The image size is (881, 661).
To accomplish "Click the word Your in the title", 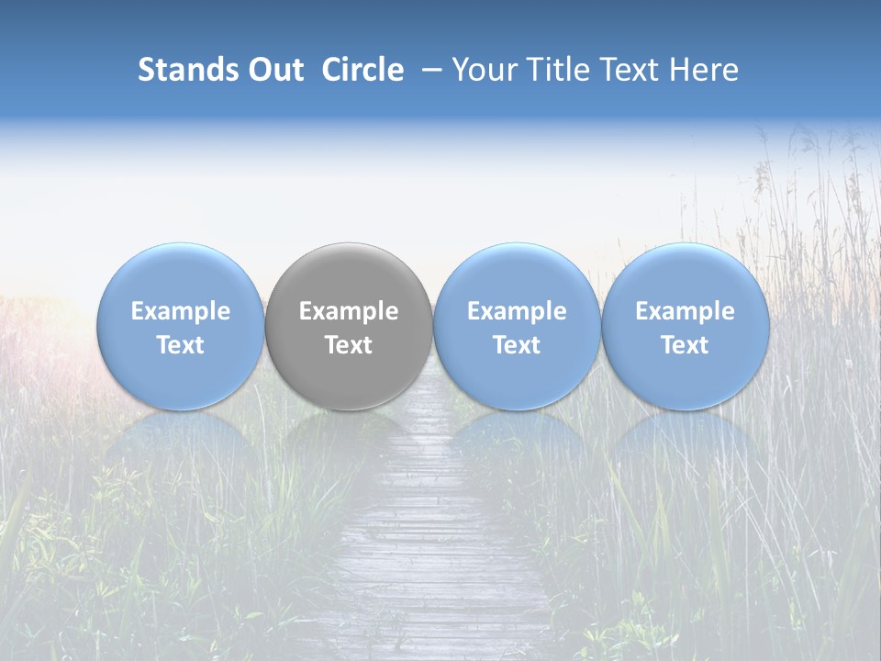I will pos(482,70).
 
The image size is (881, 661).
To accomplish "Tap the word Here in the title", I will pos(705,70).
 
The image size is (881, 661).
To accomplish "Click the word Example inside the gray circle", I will pos(349,311).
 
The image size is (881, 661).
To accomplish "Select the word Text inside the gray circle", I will pos(349,345).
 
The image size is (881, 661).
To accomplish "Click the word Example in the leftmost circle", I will pos(181,311).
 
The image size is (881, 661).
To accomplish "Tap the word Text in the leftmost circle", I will pos(181,345).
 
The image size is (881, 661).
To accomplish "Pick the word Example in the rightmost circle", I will pos(686,311).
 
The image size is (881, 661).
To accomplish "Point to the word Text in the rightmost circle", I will pos(686,345).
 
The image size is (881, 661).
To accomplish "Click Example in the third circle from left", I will pos(517,311).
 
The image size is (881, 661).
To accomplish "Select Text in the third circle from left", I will pos(517,345).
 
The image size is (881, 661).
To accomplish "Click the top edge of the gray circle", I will pos(349,245).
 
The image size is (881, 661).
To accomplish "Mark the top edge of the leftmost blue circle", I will pos(181,245).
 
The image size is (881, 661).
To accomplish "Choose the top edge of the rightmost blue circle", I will pos(686,245).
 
